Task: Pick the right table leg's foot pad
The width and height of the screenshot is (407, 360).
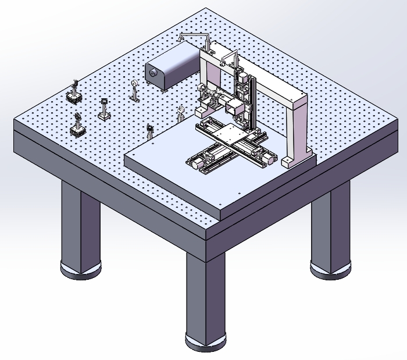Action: [329, 269]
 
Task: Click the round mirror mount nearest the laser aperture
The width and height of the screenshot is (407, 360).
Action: [135, 87]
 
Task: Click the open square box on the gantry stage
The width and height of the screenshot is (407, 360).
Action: [235, 107]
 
